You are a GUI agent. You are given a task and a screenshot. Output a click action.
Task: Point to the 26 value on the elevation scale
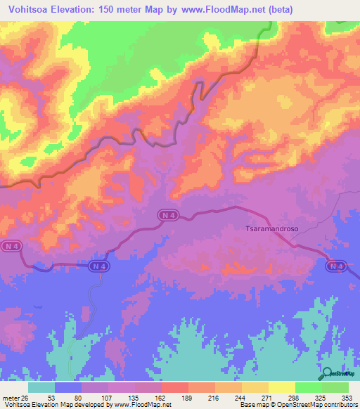point(27,397)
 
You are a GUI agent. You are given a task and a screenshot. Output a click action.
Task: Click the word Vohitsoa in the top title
point(32,9)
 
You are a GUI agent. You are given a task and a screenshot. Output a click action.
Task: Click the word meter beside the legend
point(11,397)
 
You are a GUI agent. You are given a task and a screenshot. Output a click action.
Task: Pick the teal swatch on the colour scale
point(41,387)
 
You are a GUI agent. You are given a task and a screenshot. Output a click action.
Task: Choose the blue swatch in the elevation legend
point(68,387)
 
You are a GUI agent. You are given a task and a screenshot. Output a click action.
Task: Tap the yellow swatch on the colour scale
point(282,387)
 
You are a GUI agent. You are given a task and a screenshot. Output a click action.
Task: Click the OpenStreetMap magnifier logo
point(328,374)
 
